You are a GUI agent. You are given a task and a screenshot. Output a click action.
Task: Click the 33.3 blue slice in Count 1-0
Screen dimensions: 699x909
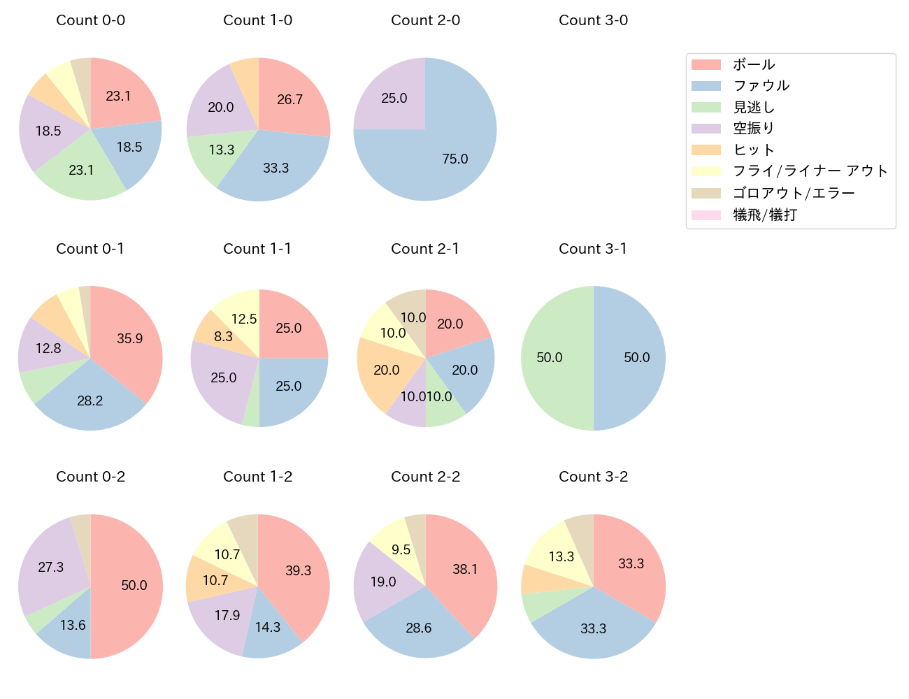(275, 168)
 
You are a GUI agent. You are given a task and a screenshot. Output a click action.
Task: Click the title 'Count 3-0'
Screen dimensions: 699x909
(593, 20)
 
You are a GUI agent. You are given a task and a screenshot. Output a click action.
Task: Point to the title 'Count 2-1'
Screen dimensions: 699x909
(425, 249)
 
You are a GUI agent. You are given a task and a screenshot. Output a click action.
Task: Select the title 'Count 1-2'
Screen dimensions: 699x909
(257, 477)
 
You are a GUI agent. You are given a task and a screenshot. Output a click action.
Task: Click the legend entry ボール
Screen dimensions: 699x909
(753, 64)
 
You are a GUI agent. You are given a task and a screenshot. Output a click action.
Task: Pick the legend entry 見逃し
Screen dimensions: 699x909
(753, 107)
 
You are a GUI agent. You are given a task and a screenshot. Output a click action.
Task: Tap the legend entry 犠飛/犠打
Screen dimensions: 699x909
(764, 215)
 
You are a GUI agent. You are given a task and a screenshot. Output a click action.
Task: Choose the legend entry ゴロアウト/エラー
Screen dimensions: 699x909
(793, 193)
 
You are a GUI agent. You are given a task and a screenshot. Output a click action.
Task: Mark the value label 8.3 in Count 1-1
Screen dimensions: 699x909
(223, 337)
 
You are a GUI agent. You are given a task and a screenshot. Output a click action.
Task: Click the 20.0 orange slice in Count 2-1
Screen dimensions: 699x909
(387, 369)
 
